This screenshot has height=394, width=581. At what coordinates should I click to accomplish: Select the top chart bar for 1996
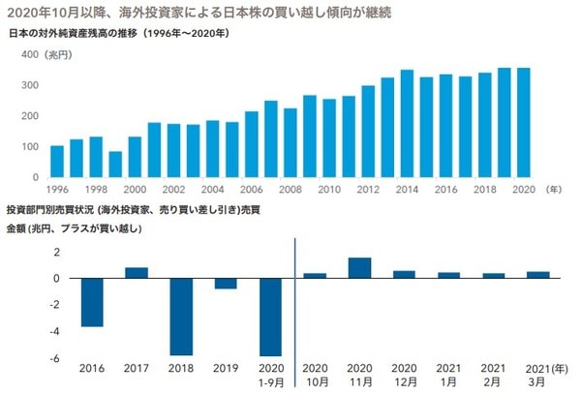click(57, 162)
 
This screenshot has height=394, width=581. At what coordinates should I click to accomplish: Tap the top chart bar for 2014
click(407, 124)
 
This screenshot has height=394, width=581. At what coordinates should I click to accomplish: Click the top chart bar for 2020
click(523, 123)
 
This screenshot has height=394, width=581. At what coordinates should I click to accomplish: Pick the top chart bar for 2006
click(252, 144)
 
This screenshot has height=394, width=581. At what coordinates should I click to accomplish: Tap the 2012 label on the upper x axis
click(368, 190)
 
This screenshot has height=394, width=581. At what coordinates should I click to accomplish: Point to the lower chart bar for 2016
click(92, 302)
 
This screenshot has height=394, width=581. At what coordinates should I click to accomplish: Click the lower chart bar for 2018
click(181, 317)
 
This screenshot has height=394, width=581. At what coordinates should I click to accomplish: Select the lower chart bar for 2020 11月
click(359, 268)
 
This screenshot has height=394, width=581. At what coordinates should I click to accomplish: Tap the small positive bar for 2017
click(137, 273)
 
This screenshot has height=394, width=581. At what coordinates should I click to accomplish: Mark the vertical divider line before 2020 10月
click(292, 300)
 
